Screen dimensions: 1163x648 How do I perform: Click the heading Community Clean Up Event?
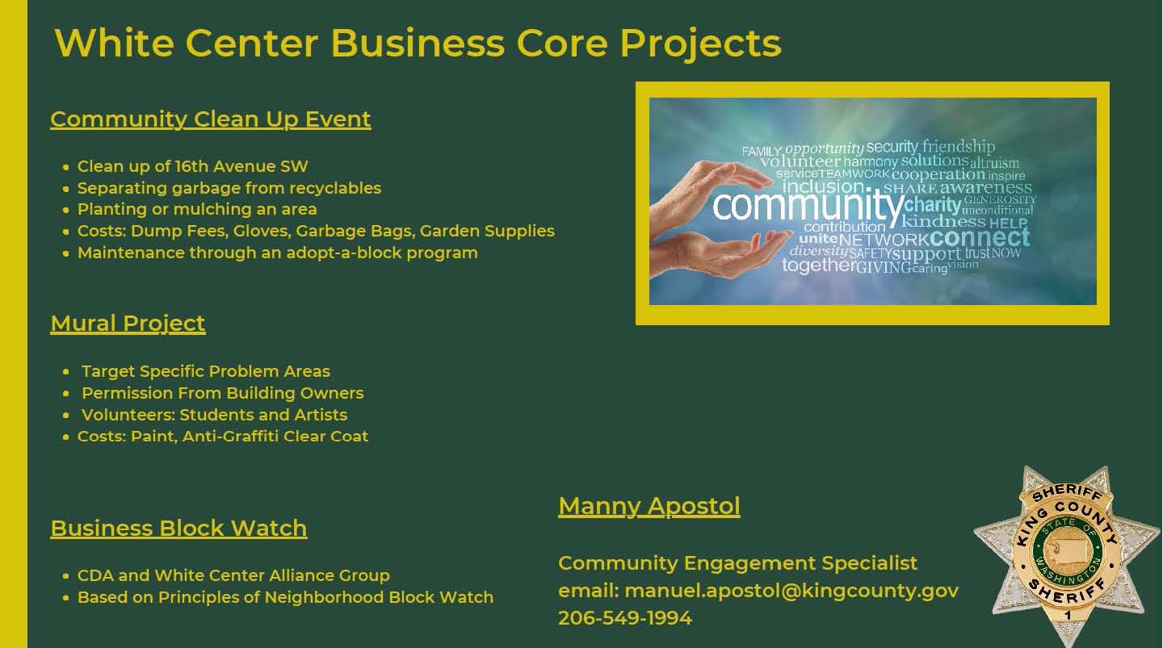click(x=210, y=119)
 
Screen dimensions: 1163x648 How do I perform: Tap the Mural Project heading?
click(x=128, y=324)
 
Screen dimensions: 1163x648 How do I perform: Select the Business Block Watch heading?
click(x=178, y=528)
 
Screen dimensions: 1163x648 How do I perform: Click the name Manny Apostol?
click(x=649, y=507)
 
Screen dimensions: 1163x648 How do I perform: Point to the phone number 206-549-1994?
click(x=625, y=618)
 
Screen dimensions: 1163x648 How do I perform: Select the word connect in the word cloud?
click(x=980, y=237)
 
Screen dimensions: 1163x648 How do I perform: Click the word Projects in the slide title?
click(x=700, y=44)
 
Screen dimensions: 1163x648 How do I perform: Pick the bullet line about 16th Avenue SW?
click(x=192, y=166)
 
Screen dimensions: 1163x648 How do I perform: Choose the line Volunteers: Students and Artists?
click(x=215, y=415)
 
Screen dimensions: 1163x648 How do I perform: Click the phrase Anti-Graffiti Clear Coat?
click(x=275, y=437)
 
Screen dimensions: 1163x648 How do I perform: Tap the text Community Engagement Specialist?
click(x=738, y=563)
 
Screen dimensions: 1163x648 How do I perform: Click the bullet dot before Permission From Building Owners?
click(x=66, y=394)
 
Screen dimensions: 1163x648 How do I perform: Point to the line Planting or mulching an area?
click(x=197, y=210)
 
